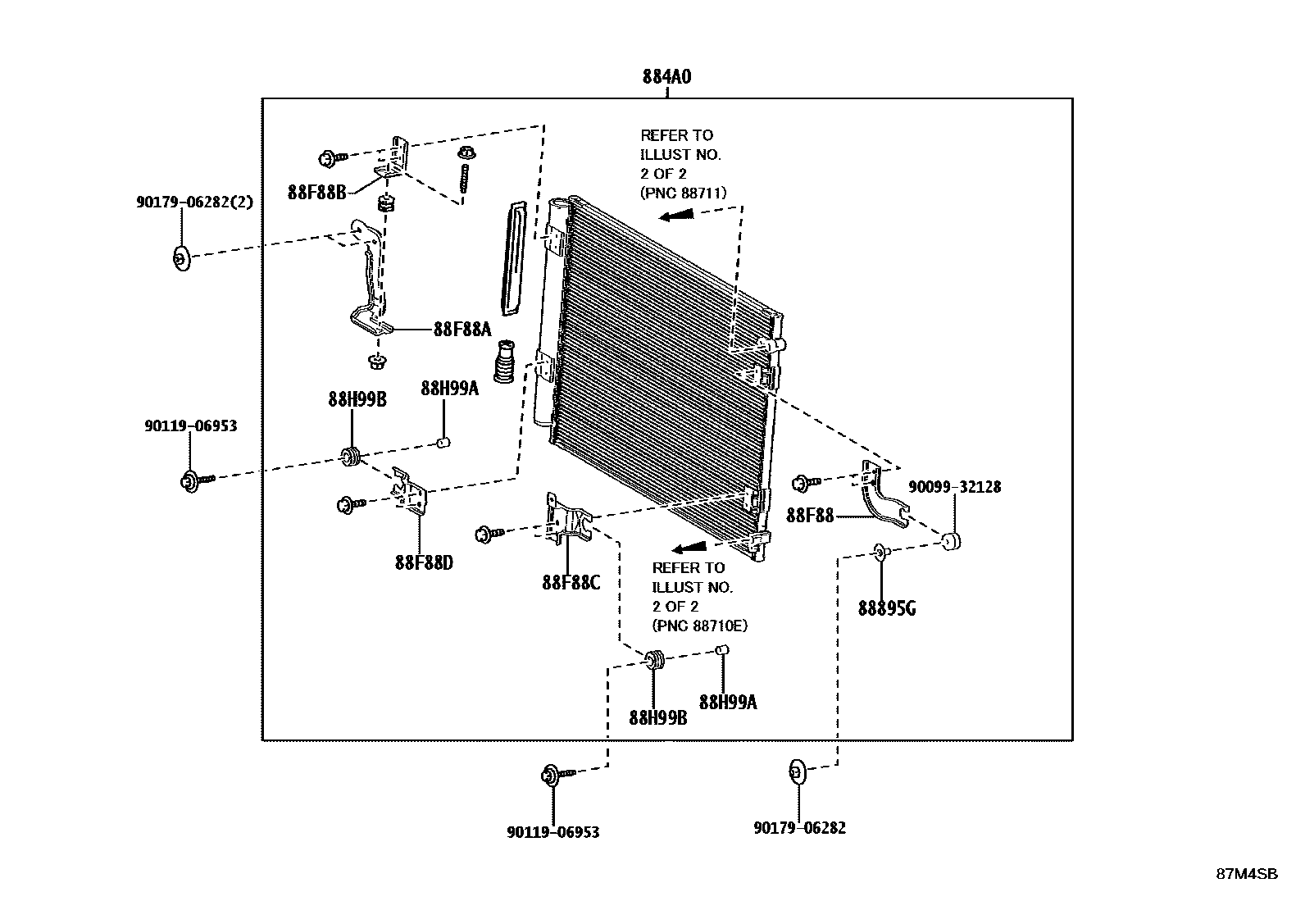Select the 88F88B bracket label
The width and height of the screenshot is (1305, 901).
click(317, 193)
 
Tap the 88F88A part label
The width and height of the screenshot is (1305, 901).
click(462, 330)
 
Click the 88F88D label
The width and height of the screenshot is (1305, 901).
click(423, 563)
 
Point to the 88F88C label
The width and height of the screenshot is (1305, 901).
click(571, 583)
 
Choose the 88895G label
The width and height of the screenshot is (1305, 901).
click(887, 608)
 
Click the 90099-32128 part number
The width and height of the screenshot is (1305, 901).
click(954, 487)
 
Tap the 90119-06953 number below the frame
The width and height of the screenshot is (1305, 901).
click(552, 832)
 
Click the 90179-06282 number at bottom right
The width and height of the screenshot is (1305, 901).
click(799, 828)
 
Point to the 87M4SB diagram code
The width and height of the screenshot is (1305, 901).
click(1246, 873)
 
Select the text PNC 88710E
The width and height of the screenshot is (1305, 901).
click(700, 626)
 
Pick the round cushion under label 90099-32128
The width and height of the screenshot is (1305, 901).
click(951, 541)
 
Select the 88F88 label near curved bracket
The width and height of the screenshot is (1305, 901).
click(809, 516)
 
